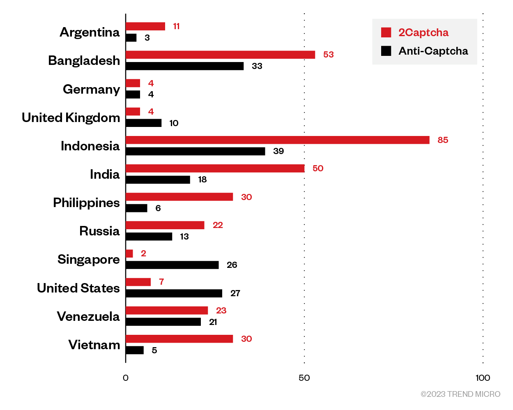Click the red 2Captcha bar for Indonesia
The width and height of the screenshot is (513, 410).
[x=277, y=140]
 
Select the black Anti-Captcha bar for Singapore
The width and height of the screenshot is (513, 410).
[x=172, y=265]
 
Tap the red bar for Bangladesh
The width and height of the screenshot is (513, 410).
[x=220, y=55]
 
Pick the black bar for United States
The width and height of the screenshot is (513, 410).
[x=174, y=293]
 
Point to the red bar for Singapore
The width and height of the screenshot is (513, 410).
[x=129, y=253]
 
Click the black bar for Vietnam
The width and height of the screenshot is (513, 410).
[x=135, y=350]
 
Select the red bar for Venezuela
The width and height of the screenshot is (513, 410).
[x=167, y=311]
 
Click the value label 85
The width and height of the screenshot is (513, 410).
[x=443, y=140]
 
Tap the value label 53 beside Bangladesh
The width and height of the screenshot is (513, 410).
[x=328, y=55]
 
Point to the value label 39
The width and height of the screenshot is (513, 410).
[x=278, y=151]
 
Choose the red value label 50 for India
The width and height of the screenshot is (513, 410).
[x=318, y=168]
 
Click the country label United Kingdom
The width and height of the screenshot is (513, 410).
[x=71, y=117]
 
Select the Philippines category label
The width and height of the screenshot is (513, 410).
[x=86, y=203]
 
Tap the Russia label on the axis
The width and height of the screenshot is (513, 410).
[x=99, y=231]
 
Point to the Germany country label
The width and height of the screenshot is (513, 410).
[x=91, y=89]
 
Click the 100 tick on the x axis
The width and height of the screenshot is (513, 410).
[x=483, y=378]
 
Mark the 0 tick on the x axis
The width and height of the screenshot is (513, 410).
[x=126, y=378]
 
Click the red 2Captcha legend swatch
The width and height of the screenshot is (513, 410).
[x=386, y=32]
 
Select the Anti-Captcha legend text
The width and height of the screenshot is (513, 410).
[x=433, y=51]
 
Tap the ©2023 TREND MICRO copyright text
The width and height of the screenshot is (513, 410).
[x=460, y=394]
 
